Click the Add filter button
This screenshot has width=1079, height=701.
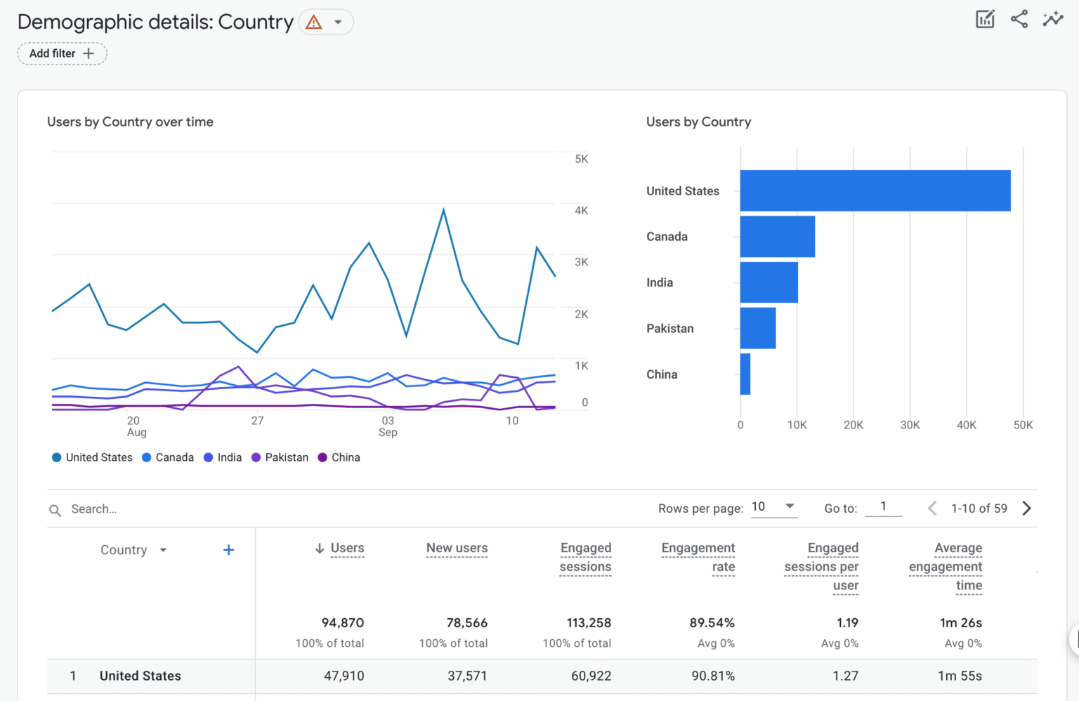62,53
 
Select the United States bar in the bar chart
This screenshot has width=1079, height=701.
875,190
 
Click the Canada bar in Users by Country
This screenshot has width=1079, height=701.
777,237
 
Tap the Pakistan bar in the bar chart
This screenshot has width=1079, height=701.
757,328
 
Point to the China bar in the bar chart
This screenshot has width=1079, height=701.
745,374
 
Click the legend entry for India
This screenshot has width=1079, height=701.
223,457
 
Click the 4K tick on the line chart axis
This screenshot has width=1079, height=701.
581,211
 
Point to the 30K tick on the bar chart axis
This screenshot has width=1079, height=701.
910,425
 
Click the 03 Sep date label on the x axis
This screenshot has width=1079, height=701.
388,426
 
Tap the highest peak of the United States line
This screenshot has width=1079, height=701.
443,209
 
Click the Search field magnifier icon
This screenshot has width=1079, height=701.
55,510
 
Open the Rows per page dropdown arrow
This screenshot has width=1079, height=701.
790,506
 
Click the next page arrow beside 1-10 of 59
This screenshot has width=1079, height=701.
1026,509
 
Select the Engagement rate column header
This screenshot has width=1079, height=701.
698,557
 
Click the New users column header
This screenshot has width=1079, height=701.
457,548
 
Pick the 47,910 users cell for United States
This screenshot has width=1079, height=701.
344,676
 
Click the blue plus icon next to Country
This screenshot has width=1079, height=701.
228,550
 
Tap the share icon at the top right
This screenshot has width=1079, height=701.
1019,20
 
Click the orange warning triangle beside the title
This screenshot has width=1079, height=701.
314,22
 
